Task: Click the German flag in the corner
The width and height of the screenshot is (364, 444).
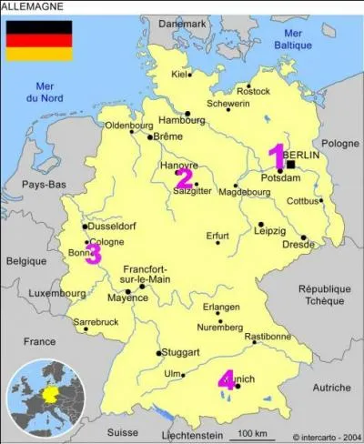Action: (39, 41)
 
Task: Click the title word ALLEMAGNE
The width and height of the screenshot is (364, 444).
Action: (33, 7)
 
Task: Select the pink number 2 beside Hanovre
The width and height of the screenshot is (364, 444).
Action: (185, 177)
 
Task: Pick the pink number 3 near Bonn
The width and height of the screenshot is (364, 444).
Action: (93, 254)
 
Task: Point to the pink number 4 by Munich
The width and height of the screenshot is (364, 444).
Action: (227, 379)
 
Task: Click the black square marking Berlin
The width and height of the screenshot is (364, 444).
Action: (290, 166)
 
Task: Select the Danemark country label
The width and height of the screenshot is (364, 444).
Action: (182, 24)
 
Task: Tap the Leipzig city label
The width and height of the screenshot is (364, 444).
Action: (270, 231)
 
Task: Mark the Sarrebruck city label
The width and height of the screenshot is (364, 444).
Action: (96, 322)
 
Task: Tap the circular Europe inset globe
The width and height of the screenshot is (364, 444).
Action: (43, 399)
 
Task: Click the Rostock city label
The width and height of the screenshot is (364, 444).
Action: (253, 91)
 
